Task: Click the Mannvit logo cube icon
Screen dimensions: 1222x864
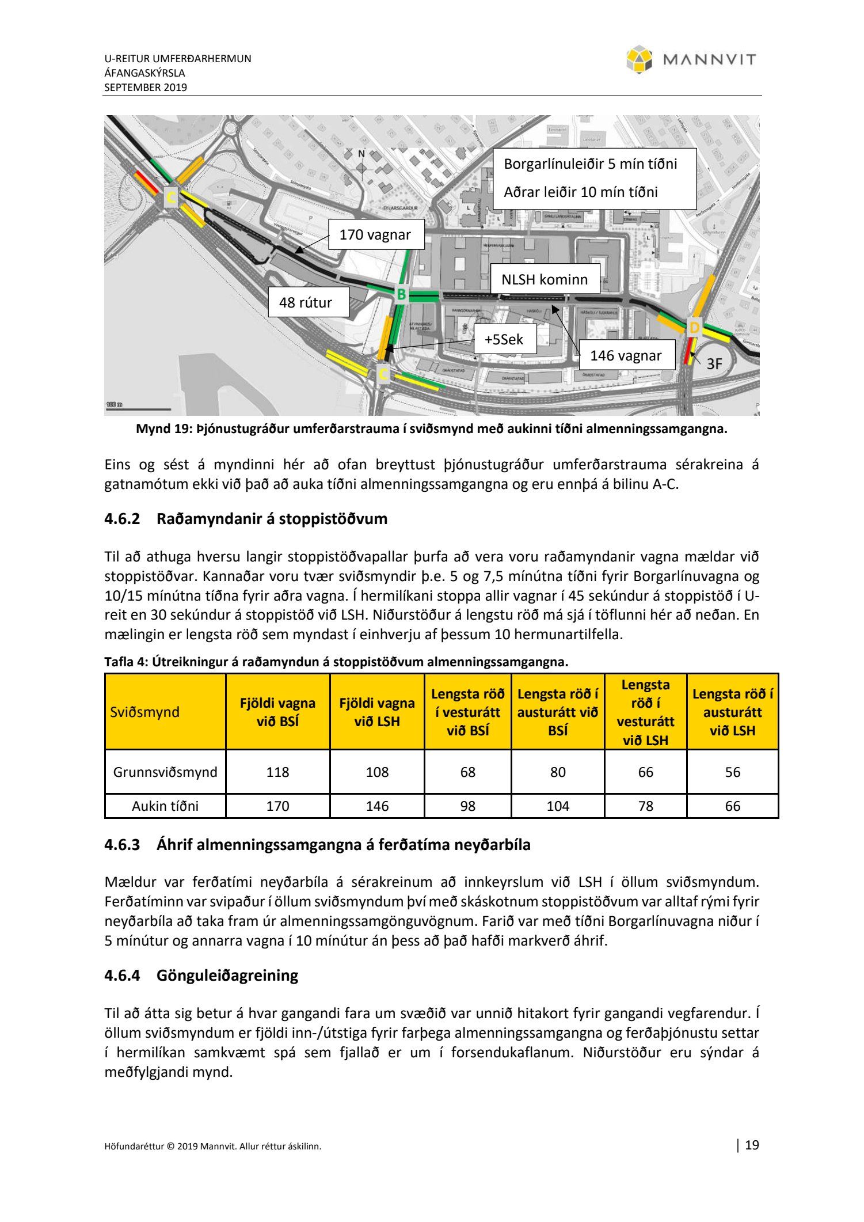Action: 639,60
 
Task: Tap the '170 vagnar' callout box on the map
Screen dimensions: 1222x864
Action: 375,235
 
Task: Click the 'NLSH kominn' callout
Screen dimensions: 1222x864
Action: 545,280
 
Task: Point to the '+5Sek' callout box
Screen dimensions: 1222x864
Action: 504,339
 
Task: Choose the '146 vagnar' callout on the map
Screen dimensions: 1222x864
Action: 626,356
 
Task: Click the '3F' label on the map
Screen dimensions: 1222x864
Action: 714,363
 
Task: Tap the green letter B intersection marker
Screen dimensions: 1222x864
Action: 401,295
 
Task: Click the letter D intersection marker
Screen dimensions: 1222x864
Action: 694,328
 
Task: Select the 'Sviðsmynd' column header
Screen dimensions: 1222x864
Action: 144,712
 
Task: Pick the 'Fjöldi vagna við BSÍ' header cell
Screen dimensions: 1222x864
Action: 277,712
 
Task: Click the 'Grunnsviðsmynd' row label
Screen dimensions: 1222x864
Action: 165,772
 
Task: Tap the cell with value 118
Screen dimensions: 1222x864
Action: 277,772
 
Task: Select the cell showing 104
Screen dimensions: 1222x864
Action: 558,806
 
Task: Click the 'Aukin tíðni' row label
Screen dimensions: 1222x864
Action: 165,806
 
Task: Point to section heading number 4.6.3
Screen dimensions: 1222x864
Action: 122,845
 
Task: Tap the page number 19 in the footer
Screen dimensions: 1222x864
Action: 752,1145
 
